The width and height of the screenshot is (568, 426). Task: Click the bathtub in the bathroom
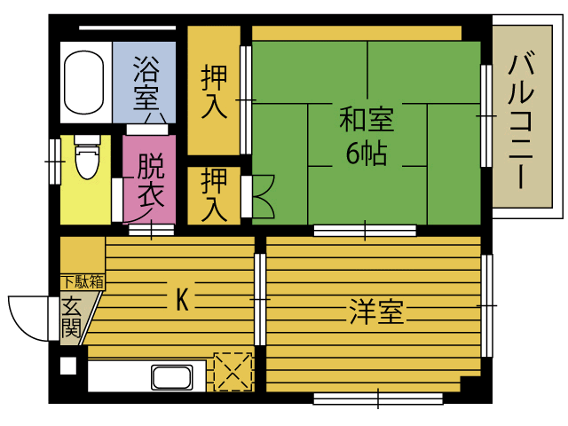coord(83,83)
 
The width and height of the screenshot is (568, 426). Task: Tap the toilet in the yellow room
coord(87,157)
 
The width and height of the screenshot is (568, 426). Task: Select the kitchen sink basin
coord(172,377)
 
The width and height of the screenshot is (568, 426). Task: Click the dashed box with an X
coord(233,372)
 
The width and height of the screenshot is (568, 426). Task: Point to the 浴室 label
coord(146,83)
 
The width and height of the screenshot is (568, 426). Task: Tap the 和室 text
coord(367,120)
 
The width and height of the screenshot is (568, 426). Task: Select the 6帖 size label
coord(367,154)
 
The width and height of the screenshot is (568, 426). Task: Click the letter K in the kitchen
coord(182,299)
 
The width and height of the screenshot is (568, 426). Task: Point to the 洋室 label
coord(376,311)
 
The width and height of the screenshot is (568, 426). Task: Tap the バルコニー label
coord(521,122)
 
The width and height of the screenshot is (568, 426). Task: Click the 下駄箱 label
coord(83,282)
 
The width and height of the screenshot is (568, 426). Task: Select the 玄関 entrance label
coord(71,318)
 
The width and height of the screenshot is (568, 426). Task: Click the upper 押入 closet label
coord(214,92)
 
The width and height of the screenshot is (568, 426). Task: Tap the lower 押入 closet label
coord(214,194)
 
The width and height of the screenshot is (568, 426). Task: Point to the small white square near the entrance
coord(68,366)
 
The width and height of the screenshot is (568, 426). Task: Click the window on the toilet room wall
coord(55,162)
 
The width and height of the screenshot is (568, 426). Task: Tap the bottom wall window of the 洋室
coord(378,398)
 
